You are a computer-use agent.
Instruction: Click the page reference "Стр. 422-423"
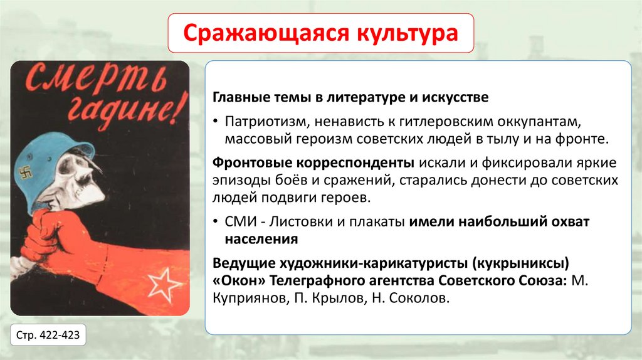coord(48,334)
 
